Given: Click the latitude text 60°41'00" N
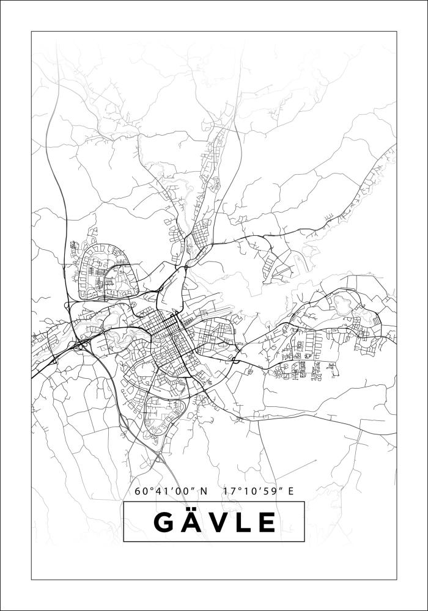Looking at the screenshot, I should tap(171, 491).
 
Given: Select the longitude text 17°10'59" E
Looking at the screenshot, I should tap(259, 491).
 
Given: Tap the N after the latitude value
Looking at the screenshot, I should tap(204, 491).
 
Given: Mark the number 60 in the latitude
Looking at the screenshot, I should tap(141, 491).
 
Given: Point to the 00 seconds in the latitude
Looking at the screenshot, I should tap(182, 491).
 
